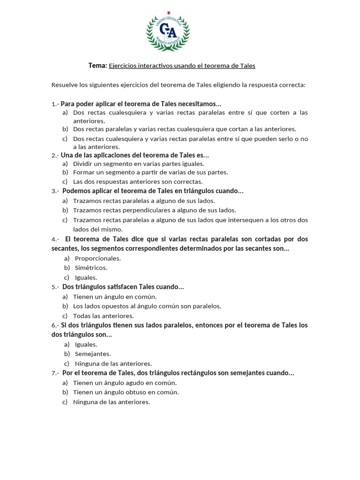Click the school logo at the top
pyautogui.click(x=168, y=32)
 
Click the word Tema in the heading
pyautogui.click(x=97, y=66)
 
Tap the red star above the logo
pyautogui.click(x=168, y=13)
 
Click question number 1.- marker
pyautogui.click(x=55, y=104)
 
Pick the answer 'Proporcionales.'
pyautogui.click(x=97, y=258)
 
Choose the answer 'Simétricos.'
pyautogui.click(x=91, y=268)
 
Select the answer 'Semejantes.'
pyautogui.click(x=93, y=354)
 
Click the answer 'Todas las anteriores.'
pyautogui.click(x=104, y=316)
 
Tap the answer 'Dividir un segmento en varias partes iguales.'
pyautogui.click(x=139, y=164)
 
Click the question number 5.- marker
pyautogui.click(x=55, y=287)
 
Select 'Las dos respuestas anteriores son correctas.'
pyautogui.click(x=138, y=181)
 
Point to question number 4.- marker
pyautogui.click(x=55, y=239)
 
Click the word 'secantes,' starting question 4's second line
pyautogui.click(x=65, y=248)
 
